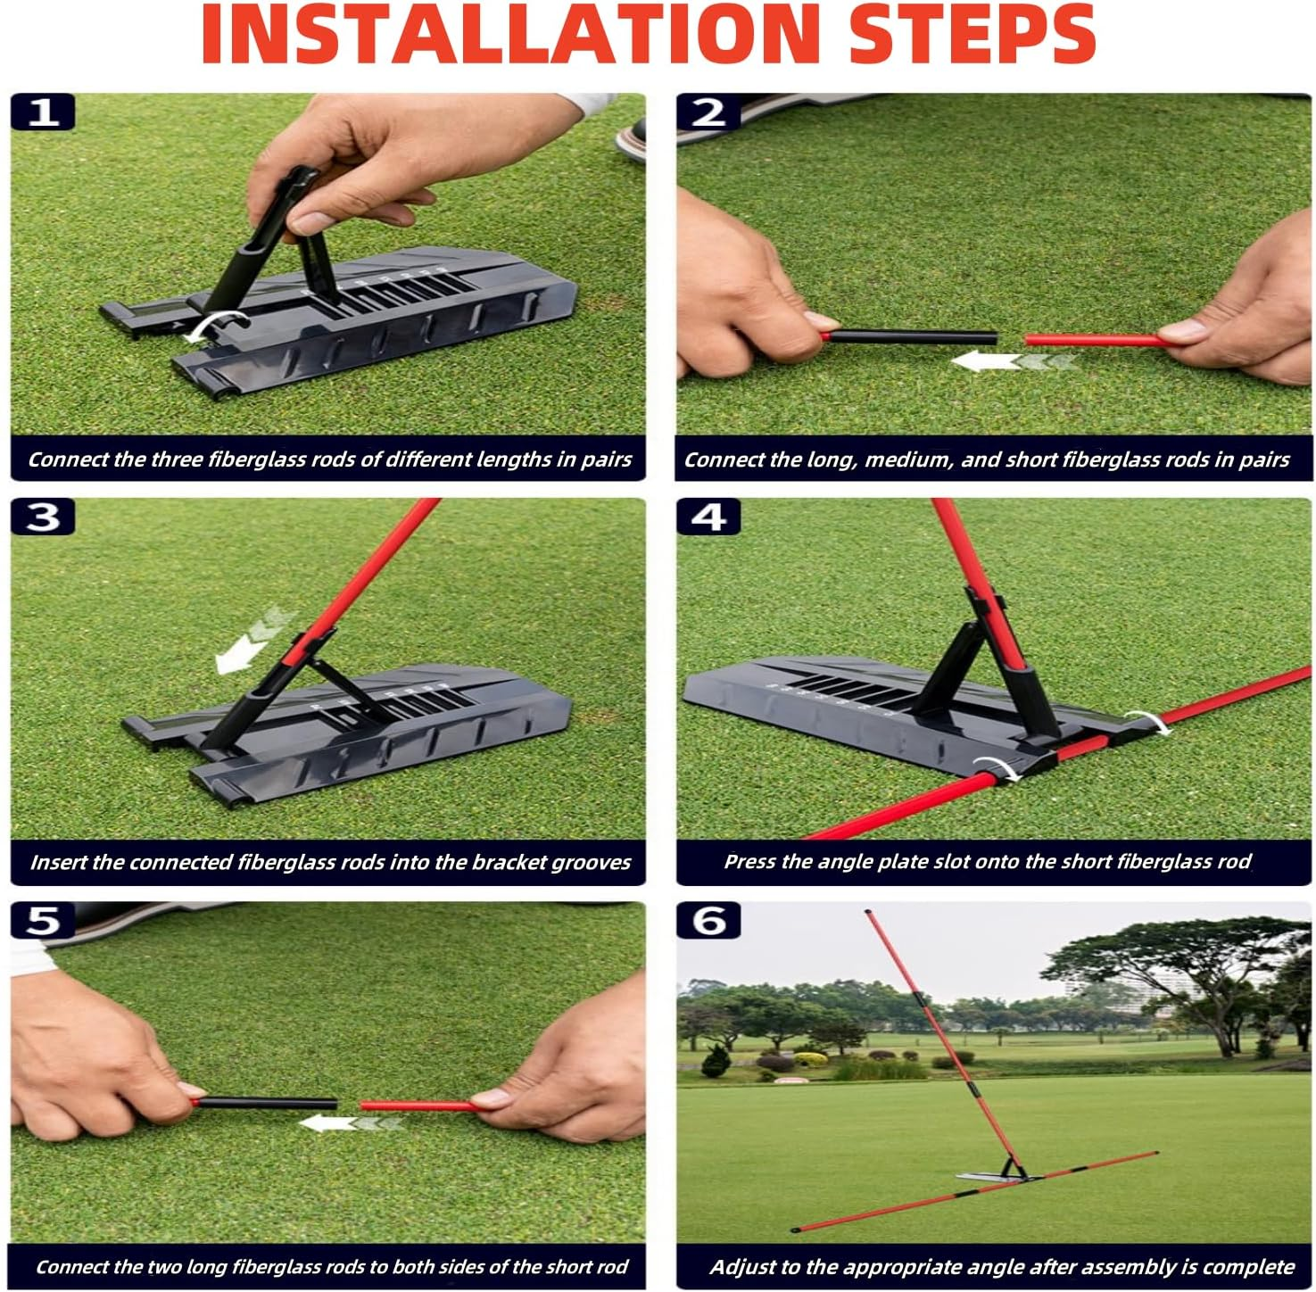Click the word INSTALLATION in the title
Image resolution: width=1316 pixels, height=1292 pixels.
pos(509,34)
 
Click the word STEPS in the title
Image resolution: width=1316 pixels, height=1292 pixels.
pos(972,34)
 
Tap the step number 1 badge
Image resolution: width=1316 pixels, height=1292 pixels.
pos(43,112)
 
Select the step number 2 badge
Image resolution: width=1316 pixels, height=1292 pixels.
pos(708,112)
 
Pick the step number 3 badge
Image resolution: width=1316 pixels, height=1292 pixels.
pos(43,517)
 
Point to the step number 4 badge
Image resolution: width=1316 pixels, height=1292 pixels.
pos(708,517)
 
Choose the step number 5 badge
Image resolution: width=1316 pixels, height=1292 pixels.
pos(43,921)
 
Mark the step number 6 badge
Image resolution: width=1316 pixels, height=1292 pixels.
pos(708,921)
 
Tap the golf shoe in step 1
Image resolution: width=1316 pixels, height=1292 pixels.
pos(630,140)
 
